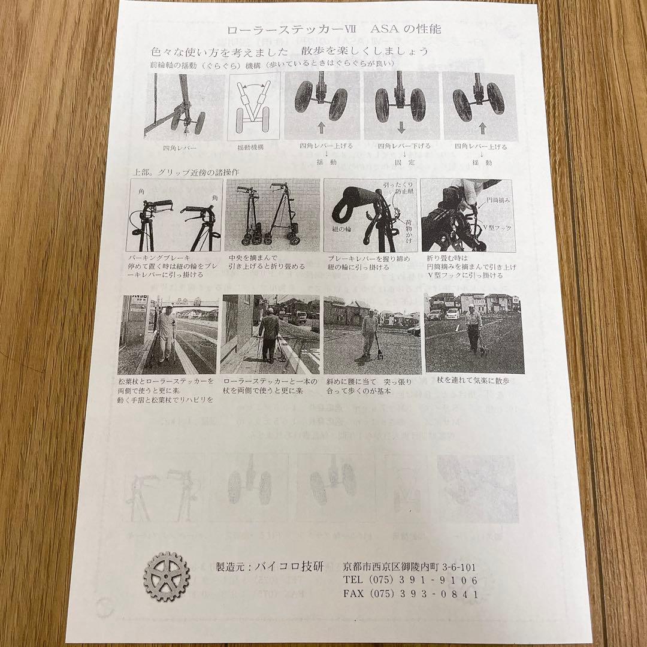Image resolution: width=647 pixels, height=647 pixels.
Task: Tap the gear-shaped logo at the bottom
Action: click(167, 576)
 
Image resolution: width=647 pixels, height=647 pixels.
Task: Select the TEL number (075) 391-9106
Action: click(410, 580)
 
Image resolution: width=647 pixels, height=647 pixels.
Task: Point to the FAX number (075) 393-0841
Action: click(410, 594)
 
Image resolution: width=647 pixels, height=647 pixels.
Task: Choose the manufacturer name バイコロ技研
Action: click(288, 566)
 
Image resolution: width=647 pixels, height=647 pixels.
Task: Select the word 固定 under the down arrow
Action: click(401, 162)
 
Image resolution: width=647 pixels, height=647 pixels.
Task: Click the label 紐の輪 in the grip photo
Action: click(339, 229)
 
